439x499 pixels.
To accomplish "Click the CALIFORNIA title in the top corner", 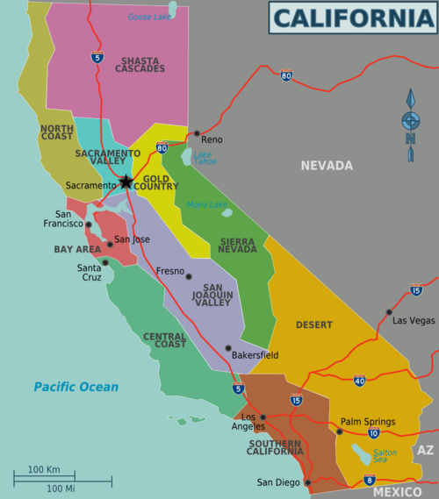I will pyautogui.click(x=353, y=18).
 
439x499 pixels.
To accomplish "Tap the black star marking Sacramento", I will pyautogui.click(x=126, y=182).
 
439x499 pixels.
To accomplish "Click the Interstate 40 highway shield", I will pyautogui.click(x=359, y=381).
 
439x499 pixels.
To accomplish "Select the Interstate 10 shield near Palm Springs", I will pyautogui.click(x=374, y=433).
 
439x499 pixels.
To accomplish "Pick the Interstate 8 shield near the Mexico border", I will pyautogui.click(x=369, y=480).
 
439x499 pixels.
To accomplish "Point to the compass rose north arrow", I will pyautogui.click(x=410, y=124).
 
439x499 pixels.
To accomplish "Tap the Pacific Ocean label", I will pyautogui.click(x=76, y=387).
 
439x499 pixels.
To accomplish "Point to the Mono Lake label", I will pyautogui.click(x=207, y=204).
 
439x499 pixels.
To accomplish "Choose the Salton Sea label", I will pyautogui.click(x=385, y=455).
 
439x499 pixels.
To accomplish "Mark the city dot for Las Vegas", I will pyautogui.click(x=388, y=312).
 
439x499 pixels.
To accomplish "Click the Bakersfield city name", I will pyautogui.click(x=255, y=355).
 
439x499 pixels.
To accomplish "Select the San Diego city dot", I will pyautogui.click(x=307, y=482).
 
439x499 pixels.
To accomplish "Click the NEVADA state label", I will pyautogui.click(x=326, y=165).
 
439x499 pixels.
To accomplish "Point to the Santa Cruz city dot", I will pyautogui.click(x=105, y=261).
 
